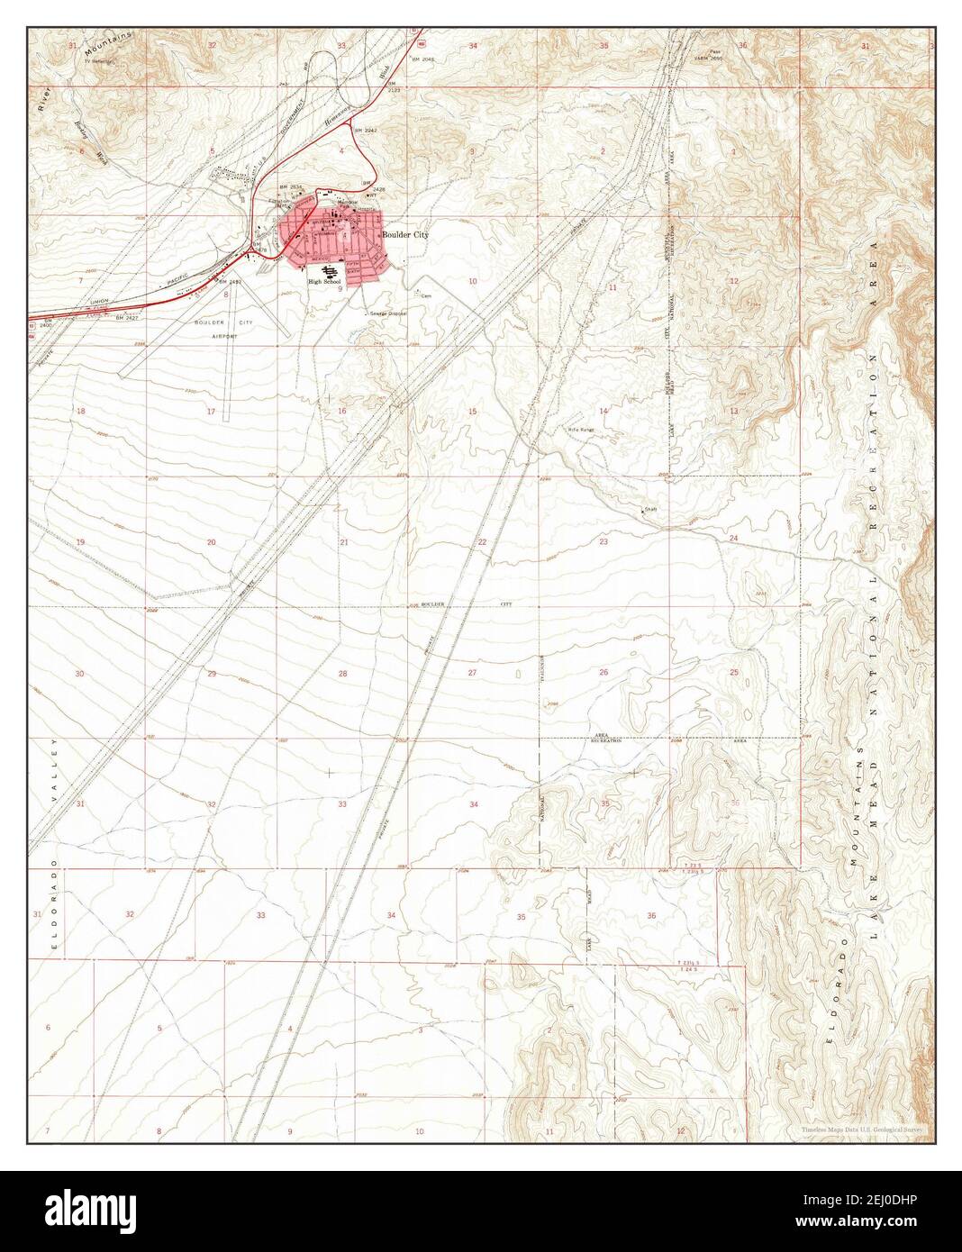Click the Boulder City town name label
405,234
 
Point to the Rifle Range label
581,430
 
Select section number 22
482,542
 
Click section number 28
342,674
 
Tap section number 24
733,539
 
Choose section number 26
604,672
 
